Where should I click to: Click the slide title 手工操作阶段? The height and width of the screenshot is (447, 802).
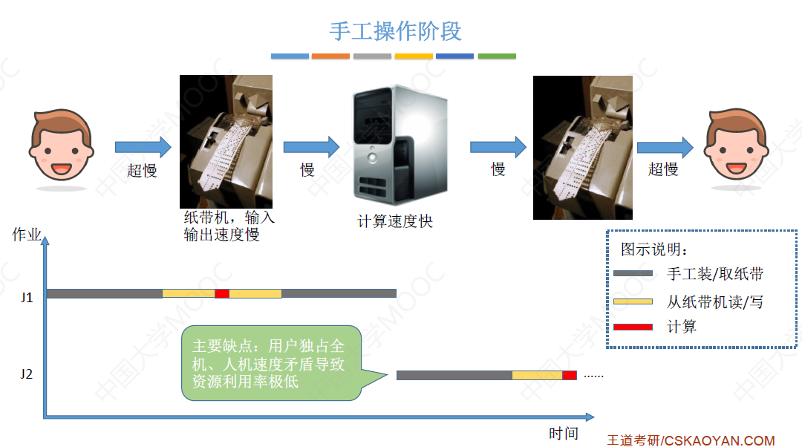(x=395, y=31)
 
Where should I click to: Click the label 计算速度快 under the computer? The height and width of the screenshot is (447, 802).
(x=394, y=221)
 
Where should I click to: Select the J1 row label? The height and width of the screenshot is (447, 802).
(x=27, y=298)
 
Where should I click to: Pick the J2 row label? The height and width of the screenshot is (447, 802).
(x=27, y=374)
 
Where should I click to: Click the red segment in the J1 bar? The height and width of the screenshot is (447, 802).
(x=221, y=294)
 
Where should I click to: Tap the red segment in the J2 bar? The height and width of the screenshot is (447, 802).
(x=570, y=375)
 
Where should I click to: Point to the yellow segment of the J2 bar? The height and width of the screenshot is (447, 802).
(x=537, y=375)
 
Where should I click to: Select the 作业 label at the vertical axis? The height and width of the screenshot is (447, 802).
(x=27, y=235)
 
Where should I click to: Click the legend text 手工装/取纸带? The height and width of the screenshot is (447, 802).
(x=715, y=274)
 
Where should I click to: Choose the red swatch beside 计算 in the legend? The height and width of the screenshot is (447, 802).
(x=633, y=327)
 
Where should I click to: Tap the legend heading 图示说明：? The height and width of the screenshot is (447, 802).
(x=654, y=249)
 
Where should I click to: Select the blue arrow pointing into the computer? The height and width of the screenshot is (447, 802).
(x=311, y=146)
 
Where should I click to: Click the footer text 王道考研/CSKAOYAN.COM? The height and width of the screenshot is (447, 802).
(x=691, y=440)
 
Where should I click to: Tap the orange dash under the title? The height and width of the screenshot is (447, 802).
(x=330, y=56)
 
